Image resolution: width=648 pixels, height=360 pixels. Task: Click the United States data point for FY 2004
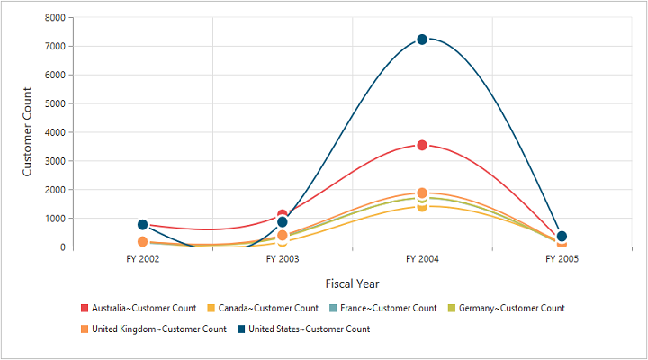coord(422,40)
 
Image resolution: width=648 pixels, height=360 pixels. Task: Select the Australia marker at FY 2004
coord(422,145)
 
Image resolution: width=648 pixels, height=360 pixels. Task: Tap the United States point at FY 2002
coord(143,224)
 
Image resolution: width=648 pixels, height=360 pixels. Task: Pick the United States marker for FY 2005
coord(562,237)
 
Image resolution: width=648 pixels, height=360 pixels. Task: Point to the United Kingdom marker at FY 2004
coord(422,193)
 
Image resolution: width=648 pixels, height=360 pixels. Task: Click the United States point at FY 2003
coord(283,222)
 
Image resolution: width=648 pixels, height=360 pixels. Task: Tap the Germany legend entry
coord(511,308)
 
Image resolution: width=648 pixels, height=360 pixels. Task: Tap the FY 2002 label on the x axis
coord(143,259)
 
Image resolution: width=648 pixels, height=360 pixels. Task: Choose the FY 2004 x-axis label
coord(422,259)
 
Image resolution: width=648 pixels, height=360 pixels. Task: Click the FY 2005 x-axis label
coord(562,259)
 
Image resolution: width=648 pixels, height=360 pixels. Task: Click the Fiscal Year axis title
coord(352,283)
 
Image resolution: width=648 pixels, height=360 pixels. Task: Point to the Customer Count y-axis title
coord(27,131)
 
